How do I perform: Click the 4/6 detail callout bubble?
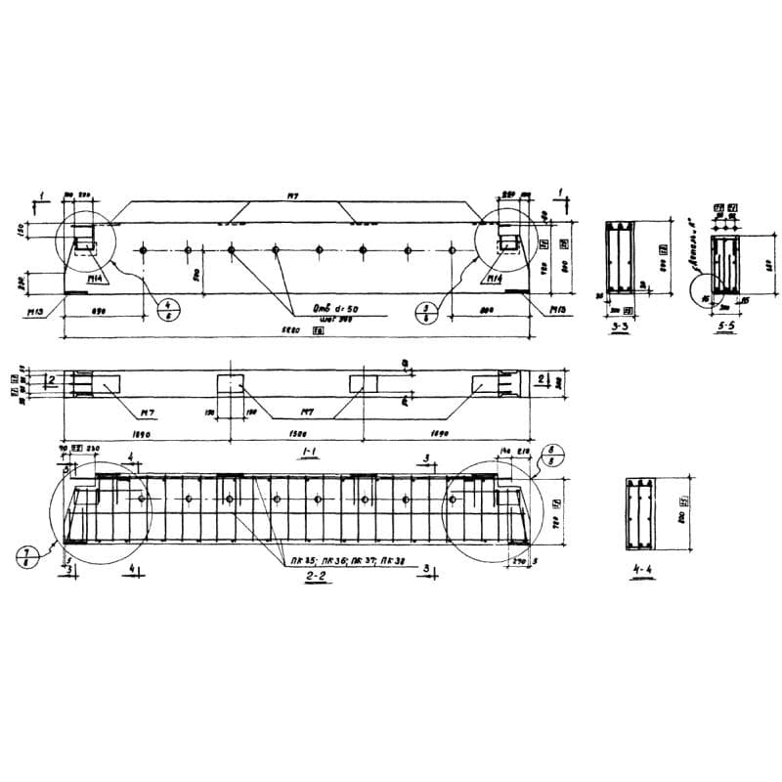point(163,311)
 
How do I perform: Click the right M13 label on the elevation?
point(557,310)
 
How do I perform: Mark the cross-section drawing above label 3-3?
point(619,259)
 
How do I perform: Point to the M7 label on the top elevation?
point(290,196)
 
